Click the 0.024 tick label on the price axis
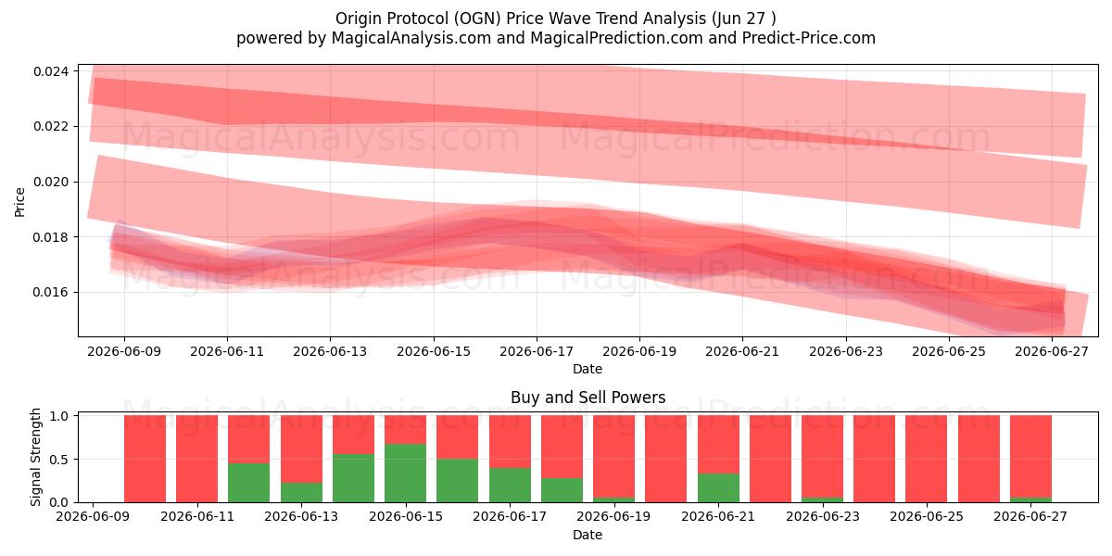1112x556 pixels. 51,71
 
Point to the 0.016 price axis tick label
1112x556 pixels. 51,293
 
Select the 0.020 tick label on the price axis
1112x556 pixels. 51,183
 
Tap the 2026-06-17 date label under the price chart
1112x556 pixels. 537,351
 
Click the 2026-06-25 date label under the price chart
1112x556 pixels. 949,351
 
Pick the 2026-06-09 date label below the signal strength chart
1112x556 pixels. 93,516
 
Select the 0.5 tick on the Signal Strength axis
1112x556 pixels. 59,460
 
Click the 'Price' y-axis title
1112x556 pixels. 19,202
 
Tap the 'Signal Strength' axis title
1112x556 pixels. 35,457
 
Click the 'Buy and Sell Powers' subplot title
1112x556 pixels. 588,398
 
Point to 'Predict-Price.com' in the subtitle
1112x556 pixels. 809,38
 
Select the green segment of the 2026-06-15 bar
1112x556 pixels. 405,474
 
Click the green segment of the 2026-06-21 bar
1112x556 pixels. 718,488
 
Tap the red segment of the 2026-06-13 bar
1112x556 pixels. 301,449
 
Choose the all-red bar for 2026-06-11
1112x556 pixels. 196,459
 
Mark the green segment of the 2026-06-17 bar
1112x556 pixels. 510,485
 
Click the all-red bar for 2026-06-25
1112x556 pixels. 927,459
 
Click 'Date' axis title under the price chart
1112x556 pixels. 588,369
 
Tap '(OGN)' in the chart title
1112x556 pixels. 478,19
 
